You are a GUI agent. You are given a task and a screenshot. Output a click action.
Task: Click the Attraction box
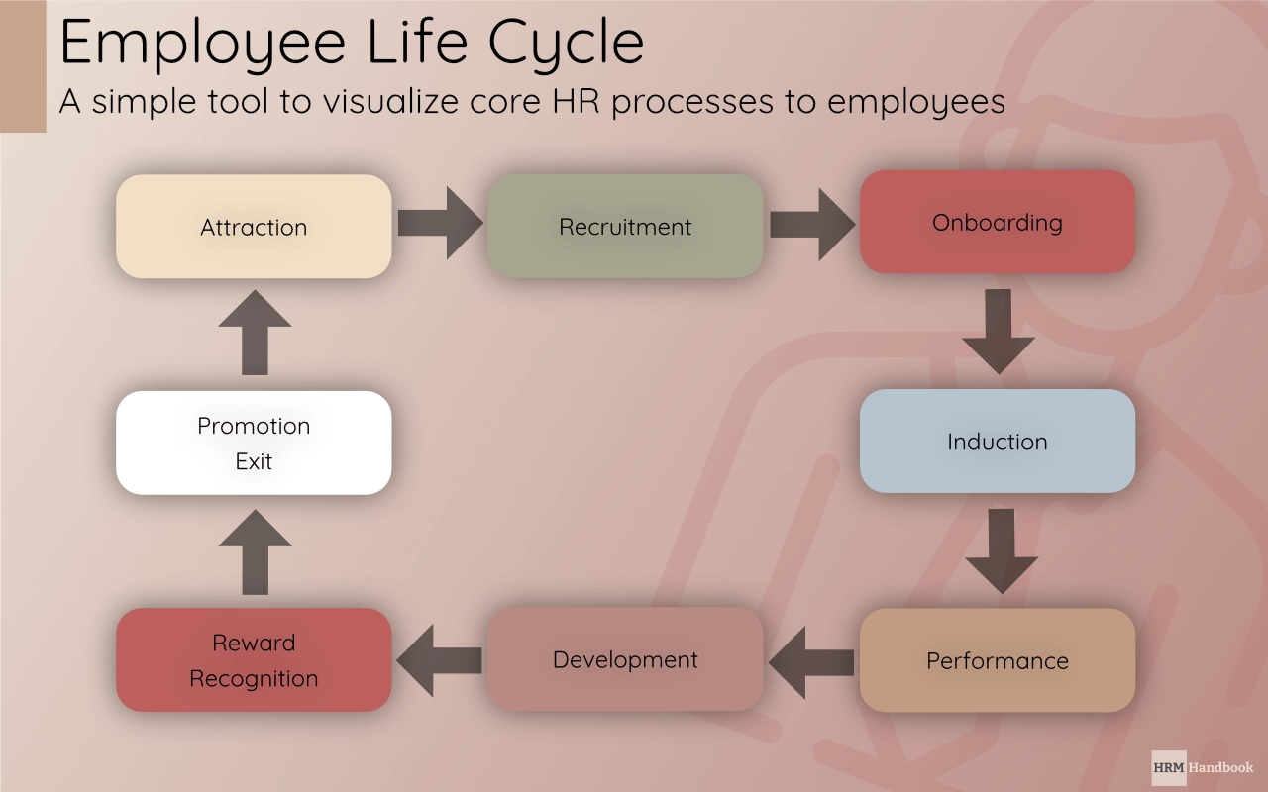(x=254, y=227)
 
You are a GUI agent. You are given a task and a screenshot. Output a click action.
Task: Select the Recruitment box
(x=625, y=227)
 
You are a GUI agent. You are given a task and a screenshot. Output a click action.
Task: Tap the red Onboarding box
(x=997, y=222)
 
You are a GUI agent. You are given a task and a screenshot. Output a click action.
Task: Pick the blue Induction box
(x=997, y=442)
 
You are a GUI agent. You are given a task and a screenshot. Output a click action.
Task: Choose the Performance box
(x=997, y=660)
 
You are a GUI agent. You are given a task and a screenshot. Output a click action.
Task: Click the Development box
(x=625, y=659)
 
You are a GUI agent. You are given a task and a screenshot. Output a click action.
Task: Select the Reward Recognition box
(x=254, y=660)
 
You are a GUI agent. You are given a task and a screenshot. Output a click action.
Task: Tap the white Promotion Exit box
(x=254, y=443)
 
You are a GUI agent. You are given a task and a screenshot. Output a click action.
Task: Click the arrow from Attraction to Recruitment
(x=440, y=223)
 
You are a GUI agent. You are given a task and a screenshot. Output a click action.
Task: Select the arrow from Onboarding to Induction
(x=999, y=331)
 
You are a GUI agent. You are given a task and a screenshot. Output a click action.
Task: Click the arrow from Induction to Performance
(x=1002, y=550)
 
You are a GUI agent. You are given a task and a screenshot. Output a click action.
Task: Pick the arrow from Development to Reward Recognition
(x=440, y=660)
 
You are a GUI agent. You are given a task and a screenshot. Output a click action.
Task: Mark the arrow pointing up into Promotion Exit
(x=256, y=552)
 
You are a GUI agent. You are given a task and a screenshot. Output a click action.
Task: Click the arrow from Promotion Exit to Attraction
(x=255, y=333)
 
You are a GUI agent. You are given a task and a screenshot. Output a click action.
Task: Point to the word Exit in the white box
(x=254, y=461)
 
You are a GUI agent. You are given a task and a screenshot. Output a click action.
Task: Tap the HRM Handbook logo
(x=1203, y=767)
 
